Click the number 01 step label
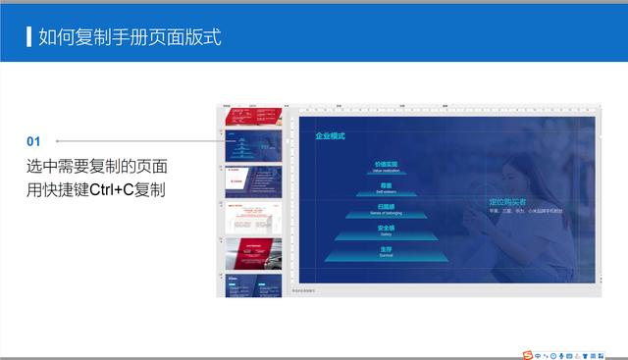(x=33, y=141)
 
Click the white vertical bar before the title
(x=27, y=38)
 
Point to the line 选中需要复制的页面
(x=96, y=166)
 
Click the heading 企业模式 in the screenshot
(x=330, y=136)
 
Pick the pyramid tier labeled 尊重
(x=386, y=185)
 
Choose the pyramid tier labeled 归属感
(x=386, y=207)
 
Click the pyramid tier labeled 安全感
(x=386, y=229)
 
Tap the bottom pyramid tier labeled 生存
(x=386, y=251)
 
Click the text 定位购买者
(x=508, y=202)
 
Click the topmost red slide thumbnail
(x=253, y=118)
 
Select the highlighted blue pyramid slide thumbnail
(x=253, y=147)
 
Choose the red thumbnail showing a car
(x=253, y=252)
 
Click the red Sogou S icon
(x=528, y=352)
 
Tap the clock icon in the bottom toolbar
(x=554, y=352)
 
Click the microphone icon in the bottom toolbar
(x=563, y=352)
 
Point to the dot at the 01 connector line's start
(x=58, y=141)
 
